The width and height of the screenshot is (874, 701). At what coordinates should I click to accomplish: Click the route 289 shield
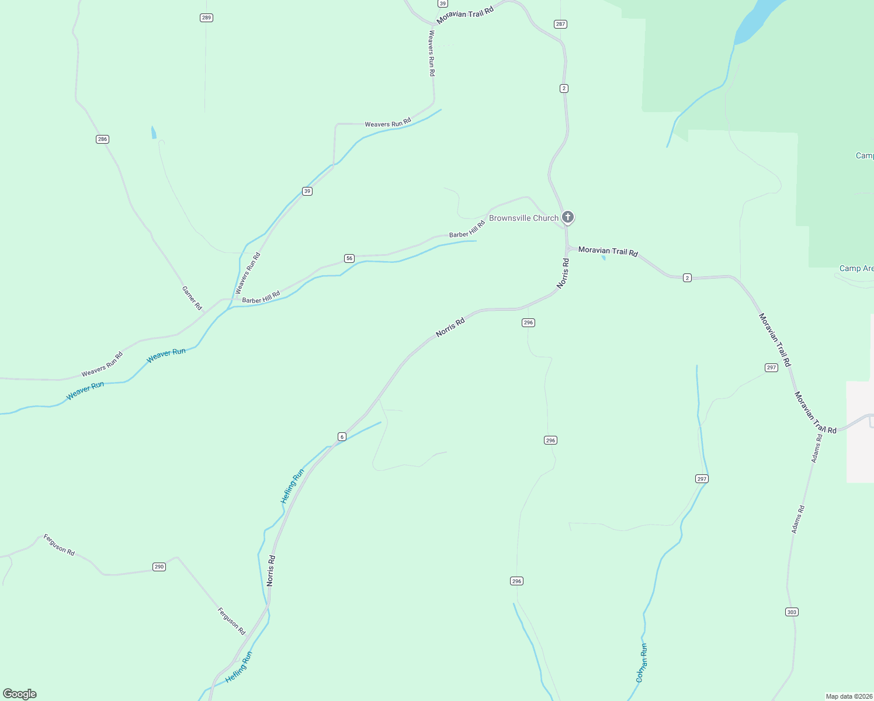tap(206, 18)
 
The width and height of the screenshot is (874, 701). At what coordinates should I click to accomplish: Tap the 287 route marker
tap(561, 24)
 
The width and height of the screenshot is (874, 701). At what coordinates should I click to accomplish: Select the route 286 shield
tap(103, 139)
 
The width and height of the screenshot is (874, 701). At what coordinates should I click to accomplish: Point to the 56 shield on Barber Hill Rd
tap(349, 258)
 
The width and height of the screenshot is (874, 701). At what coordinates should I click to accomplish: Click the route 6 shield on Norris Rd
tap(342, 437)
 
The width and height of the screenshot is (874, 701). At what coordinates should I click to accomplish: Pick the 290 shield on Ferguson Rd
tap(159, 567)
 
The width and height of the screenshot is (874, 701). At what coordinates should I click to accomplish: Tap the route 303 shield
tap(792, 612)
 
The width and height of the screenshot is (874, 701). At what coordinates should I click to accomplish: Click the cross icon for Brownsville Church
tap(567, 217)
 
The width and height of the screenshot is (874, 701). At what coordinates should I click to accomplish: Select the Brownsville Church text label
tap(523, 218)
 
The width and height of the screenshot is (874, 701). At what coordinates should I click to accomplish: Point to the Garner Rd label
tap(192, 298)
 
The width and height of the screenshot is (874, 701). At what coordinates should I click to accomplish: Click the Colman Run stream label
tap(641, 663)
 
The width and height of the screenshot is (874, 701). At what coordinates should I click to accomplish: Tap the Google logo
tap(20, 694)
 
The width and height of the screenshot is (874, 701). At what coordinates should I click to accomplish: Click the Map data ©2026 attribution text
tap(849, 696)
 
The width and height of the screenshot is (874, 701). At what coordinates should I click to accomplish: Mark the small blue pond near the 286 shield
tap(154, 133)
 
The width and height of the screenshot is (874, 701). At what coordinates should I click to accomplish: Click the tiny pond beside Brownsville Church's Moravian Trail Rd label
tap(604, 257)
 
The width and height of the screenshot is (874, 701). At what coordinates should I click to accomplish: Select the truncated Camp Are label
tap(856, 269)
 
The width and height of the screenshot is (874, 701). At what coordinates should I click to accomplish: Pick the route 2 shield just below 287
tap(564, 88)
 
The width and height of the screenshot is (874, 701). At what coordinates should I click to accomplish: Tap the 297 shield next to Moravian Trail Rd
tap(771, 367)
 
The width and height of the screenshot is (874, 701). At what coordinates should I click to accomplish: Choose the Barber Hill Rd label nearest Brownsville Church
tap(467, 230)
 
